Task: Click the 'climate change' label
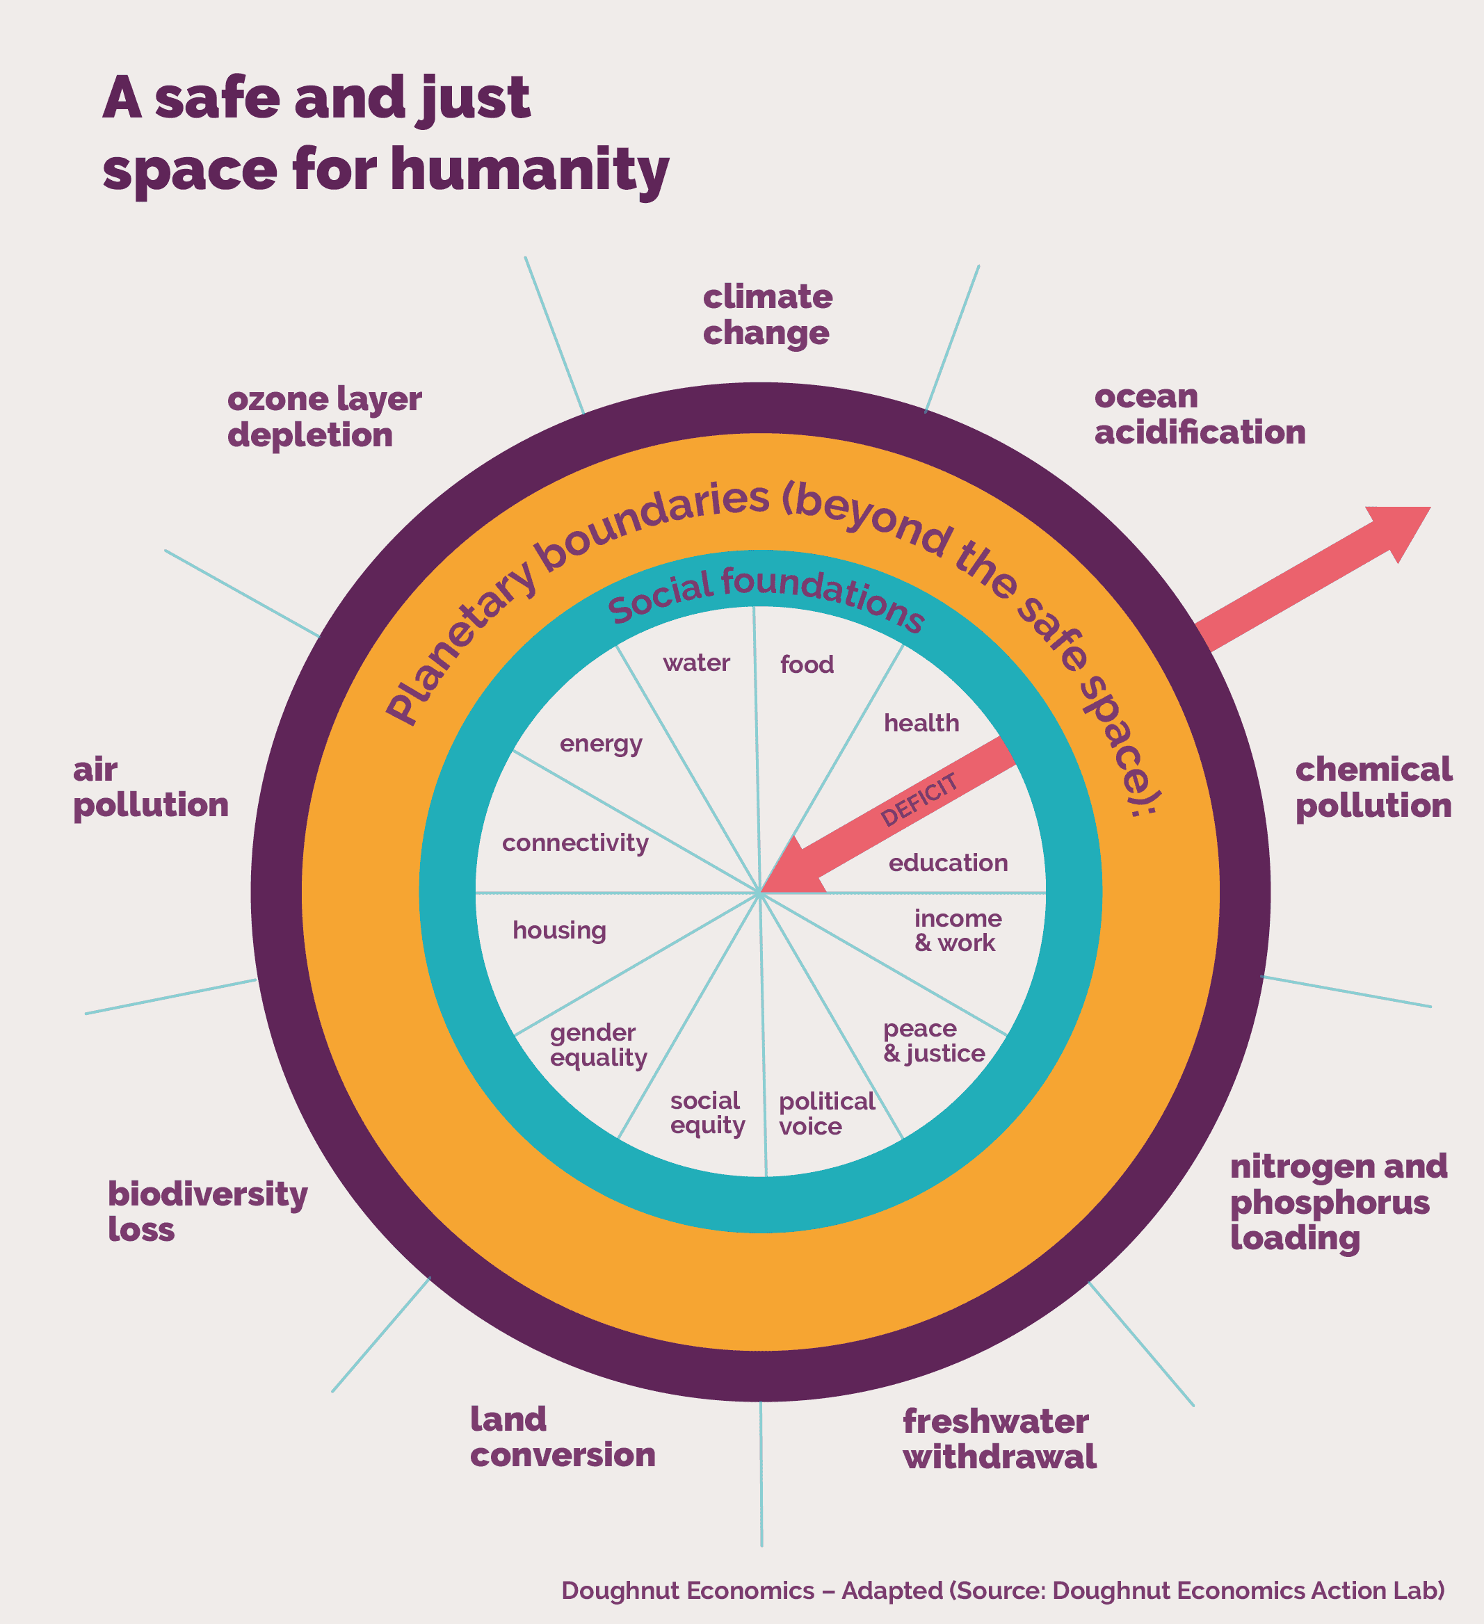767,315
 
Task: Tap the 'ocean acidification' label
1199,414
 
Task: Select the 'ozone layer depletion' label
324,416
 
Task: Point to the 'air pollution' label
151,787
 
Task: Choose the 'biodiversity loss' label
207,1211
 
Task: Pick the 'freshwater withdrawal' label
999,1438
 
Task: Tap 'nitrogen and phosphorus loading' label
1338,1201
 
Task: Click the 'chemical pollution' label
1373,787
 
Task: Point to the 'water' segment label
696,663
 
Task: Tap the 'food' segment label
807,665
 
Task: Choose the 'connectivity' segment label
575,843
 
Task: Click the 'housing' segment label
559,930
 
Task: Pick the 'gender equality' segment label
598,1045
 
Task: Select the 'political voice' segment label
825,1113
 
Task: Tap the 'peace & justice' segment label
934,1041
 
